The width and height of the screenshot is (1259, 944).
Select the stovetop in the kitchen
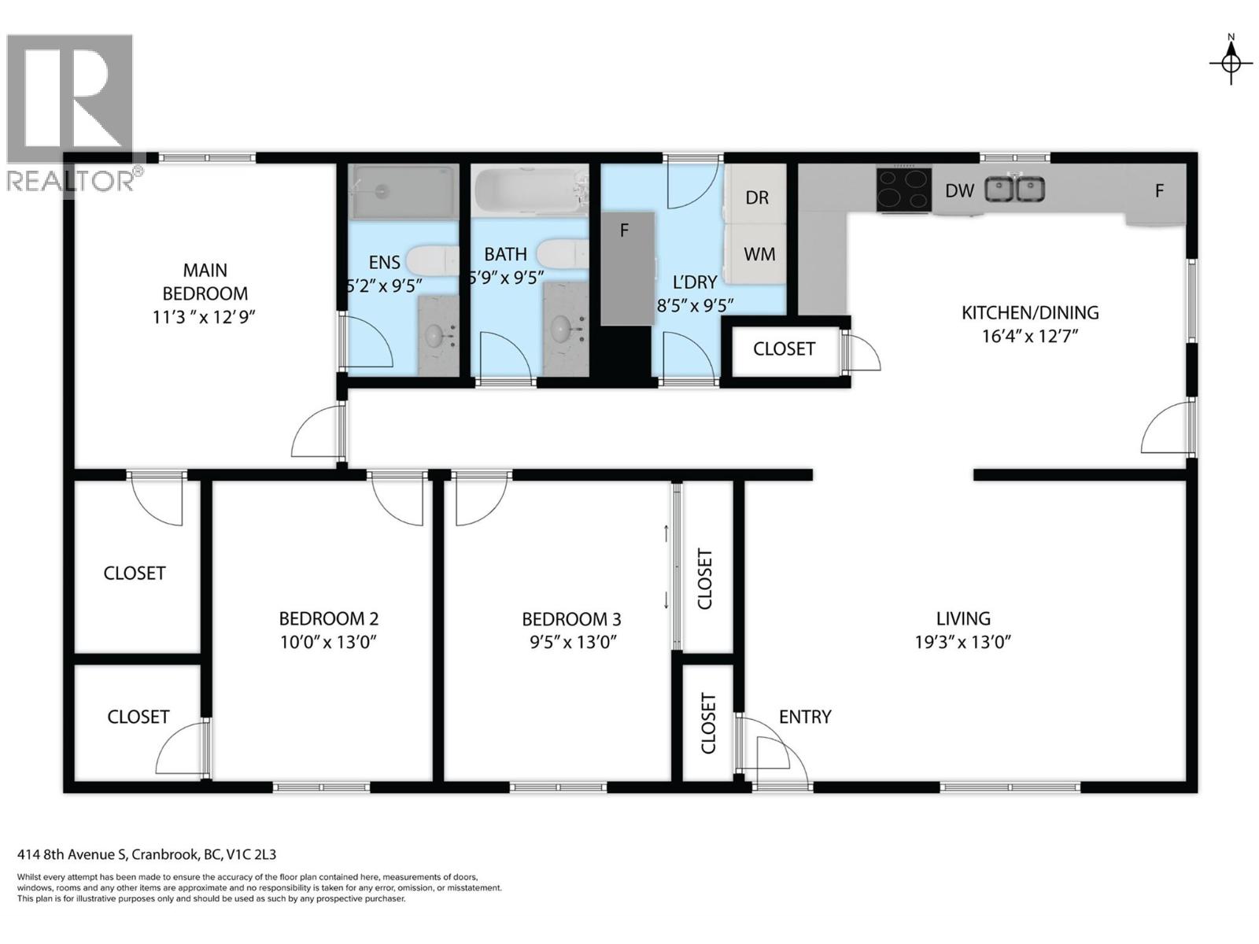point(904,190)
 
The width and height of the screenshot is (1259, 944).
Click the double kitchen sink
point(1015,190)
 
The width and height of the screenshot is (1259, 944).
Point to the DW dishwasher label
point(959,190)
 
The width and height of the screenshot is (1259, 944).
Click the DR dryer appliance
point(756,197)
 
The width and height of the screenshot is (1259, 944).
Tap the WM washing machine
point(759,254)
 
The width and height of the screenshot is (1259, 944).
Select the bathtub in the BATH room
point(530,190)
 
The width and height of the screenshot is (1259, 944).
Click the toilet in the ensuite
point(432,260)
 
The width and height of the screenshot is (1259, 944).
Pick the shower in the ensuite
point(404,190)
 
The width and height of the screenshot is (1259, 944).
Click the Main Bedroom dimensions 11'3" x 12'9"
point(205,317)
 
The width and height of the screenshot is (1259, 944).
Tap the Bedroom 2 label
point(328,619)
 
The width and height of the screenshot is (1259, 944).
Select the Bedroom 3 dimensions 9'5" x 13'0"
point(572,642)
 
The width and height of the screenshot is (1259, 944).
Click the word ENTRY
point(805,717)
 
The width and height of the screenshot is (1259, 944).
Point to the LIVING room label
point(962,619)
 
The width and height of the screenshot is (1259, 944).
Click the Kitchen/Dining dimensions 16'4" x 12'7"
point(1029,336)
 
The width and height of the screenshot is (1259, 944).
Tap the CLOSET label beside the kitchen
point(784,348)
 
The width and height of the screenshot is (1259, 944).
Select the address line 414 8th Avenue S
point(146,854)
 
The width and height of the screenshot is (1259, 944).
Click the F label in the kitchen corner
point(1158,190)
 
